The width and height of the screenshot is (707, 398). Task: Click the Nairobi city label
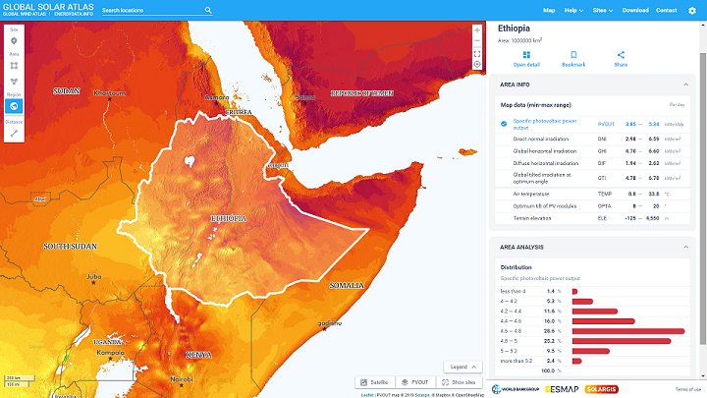[180, 378]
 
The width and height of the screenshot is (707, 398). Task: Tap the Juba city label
[94, 276]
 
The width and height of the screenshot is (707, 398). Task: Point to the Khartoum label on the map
[111, 92]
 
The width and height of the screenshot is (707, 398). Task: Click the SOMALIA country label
[346, 285]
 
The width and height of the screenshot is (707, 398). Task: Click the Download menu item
[635, 10]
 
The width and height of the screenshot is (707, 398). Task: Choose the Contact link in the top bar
[666, 10]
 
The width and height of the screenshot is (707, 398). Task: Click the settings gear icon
[692, 10]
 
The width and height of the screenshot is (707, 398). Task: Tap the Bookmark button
[573, 59]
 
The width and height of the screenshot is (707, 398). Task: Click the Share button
[621, 59]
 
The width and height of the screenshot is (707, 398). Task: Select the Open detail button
[526, 59]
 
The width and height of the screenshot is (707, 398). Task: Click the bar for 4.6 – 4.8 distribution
[627, 331]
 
